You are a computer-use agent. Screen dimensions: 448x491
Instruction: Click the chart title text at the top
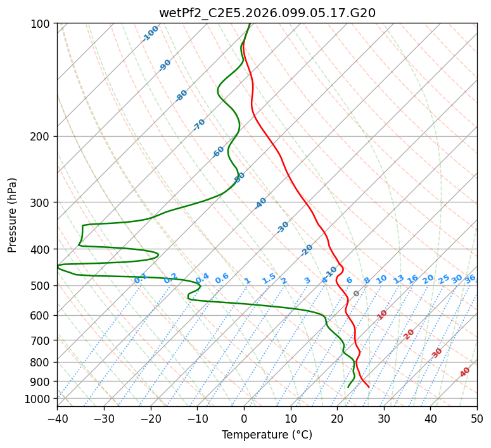267,13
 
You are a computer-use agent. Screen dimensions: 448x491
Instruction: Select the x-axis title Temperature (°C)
267,435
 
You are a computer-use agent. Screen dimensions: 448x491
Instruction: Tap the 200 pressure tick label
41,137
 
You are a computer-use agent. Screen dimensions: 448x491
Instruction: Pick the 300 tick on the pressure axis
41,202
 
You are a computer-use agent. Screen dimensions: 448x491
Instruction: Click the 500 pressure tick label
41,286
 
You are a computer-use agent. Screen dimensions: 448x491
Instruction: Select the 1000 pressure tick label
38,399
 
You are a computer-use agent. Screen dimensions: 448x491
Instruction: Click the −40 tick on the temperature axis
57,418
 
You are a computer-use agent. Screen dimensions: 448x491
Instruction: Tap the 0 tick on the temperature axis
244,418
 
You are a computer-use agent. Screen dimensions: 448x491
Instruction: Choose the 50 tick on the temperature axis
477,418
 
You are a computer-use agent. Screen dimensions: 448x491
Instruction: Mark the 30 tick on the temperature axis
384,418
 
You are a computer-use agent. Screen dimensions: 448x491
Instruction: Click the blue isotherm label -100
151,34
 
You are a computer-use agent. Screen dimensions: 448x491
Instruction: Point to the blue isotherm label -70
199,125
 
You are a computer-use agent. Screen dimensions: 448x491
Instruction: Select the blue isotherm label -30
283,227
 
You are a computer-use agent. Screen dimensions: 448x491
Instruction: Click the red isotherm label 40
465,372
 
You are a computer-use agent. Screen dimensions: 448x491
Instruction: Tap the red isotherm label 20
409,334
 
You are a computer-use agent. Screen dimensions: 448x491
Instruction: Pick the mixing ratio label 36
470,279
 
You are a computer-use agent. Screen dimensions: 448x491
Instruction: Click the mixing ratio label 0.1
141,278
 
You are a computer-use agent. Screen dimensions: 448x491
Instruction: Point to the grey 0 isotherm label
357,294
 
